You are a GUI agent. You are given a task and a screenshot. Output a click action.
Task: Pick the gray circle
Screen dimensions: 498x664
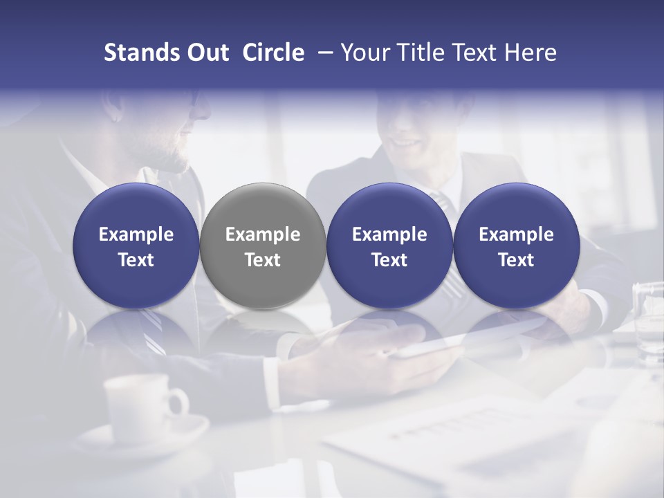[x=263, y=246]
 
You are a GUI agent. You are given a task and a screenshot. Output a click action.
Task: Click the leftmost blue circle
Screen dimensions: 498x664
[x=136, y=246]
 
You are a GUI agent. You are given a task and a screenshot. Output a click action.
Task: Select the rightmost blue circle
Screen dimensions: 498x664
[x=516, y=246]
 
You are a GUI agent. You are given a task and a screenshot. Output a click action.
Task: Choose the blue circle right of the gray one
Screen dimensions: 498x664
[x=389, y=246]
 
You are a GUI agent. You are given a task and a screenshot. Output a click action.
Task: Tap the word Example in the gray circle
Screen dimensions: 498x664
[x=263, y=234]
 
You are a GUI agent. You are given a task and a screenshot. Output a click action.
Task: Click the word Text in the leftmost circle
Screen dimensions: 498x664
[x=136, y=260]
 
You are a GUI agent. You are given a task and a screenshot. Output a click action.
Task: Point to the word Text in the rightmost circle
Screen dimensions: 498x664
[x=516, y=260]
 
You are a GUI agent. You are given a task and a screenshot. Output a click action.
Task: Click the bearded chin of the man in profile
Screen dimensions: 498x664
[x=181, y=163]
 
